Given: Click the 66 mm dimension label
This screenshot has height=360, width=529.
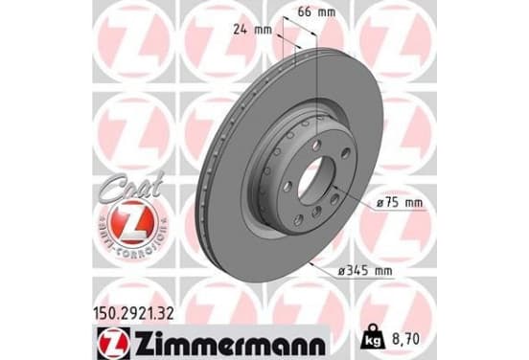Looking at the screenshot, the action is pos(316,12).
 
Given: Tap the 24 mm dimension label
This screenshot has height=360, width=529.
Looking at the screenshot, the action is pos(253,30).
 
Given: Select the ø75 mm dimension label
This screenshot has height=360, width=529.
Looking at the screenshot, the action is pos(399,203).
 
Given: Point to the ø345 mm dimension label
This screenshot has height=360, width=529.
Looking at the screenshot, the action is pos(365,271).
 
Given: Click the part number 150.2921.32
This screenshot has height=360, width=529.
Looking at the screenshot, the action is pos(133,314).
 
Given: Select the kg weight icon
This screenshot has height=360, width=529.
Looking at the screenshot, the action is pos(373,338).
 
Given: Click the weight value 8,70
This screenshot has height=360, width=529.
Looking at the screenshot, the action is pos(406,339).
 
